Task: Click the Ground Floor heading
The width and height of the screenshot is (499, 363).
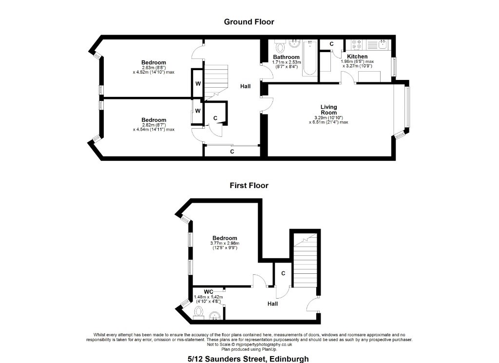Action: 249,21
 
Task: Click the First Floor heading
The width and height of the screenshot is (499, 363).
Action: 249,186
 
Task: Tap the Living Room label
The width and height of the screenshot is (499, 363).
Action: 329,110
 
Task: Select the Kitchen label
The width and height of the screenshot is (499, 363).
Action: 357,57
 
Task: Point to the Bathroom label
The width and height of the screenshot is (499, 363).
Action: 286,57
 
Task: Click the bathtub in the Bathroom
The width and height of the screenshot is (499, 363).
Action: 308,57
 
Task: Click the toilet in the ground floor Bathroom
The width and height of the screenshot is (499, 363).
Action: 280,46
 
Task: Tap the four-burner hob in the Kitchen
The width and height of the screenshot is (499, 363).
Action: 356,44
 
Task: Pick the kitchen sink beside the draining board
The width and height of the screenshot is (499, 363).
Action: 382,44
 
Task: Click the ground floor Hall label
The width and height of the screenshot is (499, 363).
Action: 246,86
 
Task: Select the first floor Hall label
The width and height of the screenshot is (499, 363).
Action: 272,304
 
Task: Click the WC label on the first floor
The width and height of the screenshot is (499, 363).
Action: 209,292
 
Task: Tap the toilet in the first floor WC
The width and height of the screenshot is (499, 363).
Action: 199,312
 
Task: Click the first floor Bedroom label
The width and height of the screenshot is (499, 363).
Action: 225,238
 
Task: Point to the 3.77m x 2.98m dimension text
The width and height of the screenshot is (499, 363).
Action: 225,243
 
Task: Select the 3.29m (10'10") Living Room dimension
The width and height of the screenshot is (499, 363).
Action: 328,118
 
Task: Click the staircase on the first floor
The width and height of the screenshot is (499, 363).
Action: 305,260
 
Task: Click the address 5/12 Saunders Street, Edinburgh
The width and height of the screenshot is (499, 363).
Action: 248,359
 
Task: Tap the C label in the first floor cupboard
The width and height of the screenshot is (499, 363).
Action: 283,273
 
